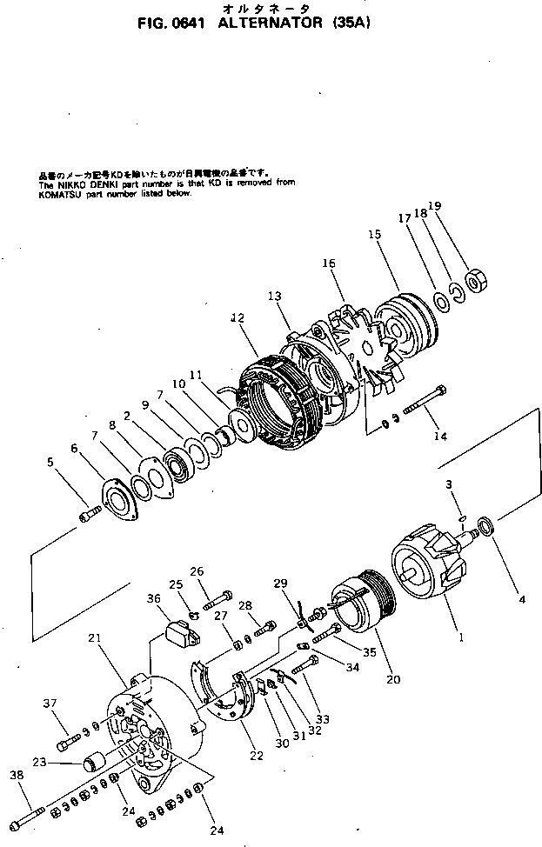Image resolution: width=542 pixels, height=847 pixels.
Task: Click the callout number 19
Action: pos(458,206)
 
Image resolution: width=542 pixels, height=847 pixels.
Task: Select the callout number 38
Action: pos(16,775)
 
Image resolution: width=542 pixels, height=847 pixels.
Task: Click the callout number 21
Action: pos(95,638)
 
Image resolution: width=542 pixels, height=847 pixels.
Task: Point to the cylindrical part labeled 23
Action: pos(91,765)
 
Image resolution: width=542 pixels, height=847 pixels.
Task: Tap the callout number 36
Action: pos(153,598)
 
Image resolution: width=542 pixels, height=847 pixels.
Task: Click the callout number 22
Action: pos(256,756)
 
